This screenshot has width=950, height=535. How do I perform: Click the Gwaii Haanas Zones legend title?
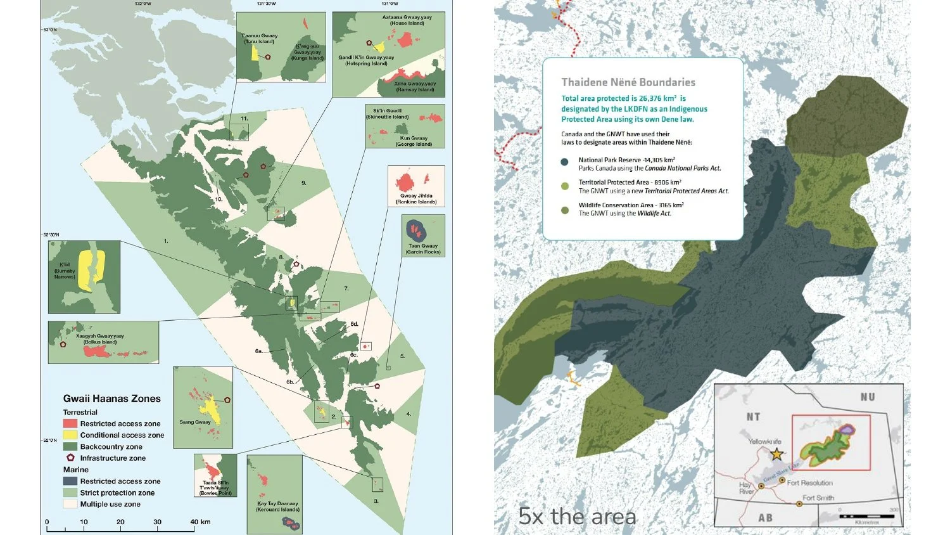[x=111, y=399]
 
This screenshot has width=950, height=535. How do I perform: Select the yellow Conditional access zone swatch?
[x=70, y=435]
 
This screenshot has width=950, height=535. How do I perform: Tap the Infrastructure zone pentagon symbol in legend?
[x=70, y=458]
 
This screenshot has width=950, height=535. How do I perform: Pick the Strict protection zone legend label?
[x=117, y=493]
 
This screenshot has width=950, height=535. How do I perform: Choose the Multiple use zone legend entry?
[x=110, y=504]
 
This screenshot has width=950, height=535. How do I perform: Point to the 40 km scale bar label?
[x=200, y=522]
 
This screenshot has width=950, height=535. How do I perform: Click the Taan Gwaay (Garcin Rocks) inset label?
[x=423, y=248]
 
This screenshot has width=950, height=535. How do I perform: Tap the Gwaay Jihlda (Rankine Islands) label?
[x=416, y=198]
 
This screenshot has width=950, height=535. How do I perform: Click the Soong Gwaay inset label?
[x=194, y=422]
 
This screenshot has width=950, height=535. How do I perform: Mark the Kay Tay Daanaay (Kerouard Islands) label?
[x=277, y=506]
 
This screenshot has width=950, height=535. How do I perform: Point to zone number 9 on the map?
[x=303, y=183]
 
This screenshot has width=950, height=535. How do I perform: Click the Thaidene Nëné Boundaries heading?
[x=628, y=82]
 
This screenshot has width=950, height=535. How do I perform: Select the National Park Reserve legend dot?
[x=565, y=162]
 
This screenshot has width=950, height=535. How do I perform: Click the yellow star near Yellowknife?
[x=776, y=454]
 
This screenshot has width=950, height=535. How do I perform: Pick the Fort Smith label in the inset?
[x=818, y=498]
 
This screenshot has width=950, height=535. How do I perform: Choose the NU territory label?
[x=867, y=397]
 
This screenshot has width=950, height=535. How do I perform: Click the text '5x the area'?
[x=577, y=516]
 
